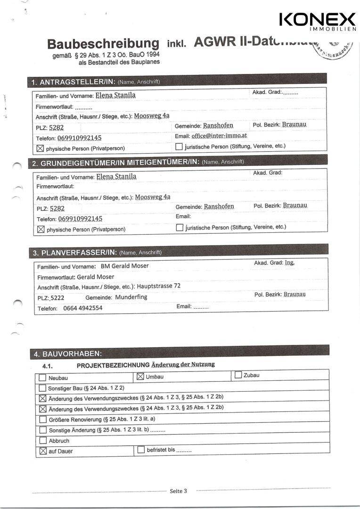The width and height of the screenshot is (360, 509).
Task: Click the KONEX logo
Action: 317,21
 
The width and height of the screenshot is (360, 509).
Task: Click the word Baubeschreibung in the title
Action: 103,44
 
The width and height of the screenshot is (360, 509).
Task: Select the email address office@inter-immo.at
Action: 219,135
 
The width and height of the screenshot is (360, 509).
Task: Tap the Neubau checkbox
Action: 43,378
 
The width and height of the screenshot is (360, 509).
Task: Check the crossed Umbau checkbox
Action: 140,377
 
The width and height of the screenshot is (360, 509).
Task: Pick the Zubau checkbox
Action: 238,375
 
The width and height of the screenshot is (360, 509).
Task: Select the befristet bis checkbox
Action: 141,450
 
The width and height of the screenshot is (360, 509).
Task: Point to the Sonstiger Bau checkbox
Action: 43,388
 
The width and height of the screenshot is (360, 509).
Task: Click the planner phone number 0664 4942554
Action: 82,308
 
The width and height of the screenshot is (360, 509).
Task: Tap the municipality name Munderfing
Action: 131,297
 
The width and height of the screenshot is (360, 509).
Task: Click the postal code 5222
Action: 57,298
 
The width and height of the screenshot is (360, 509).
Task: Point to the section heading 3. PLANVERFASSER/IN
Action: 74,253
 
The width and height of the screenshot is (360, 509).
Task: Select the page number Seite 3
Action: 178,491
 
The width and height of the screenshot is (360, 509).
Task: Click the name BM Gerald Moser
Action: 125,266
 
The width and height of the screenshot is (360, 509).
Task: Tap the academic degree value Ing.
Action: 289,263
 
